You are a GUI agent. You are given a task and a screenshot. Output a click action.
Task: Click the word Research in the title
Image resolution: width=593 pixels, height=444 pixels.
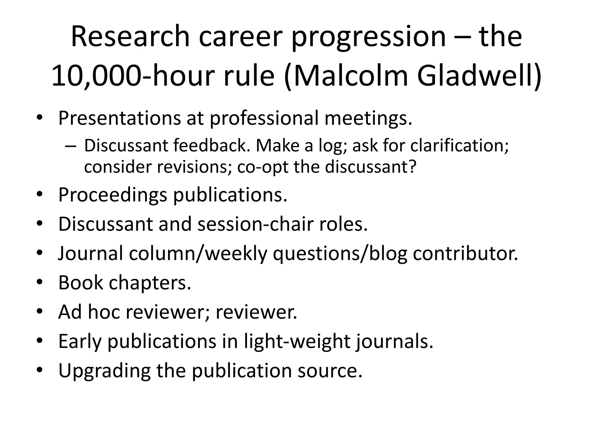pos(130,37)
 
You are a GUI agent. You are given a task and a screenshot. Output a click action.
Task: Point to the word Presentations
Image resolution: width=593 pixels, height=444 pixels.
pos(119,118)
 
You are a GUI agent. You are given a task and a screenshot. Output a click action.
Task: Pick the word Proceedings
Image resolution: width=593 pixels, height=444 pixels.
pos(113,195)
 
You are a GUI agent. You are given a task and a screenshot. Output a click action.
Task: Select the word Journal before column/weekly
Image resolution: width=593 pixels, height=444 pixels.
pos(91,253)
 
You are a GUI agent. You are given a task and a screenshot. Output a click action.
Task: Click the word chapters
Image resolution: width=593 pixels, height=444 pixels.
pos(150,282)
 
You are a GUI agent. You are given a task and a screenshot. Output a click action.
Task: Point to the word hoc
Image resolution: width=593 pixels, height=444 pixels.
pos(104,312)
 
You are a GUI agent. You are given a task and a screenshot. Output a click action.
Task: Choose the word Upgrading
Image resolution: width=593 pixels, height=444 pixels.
pos(104,371)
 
